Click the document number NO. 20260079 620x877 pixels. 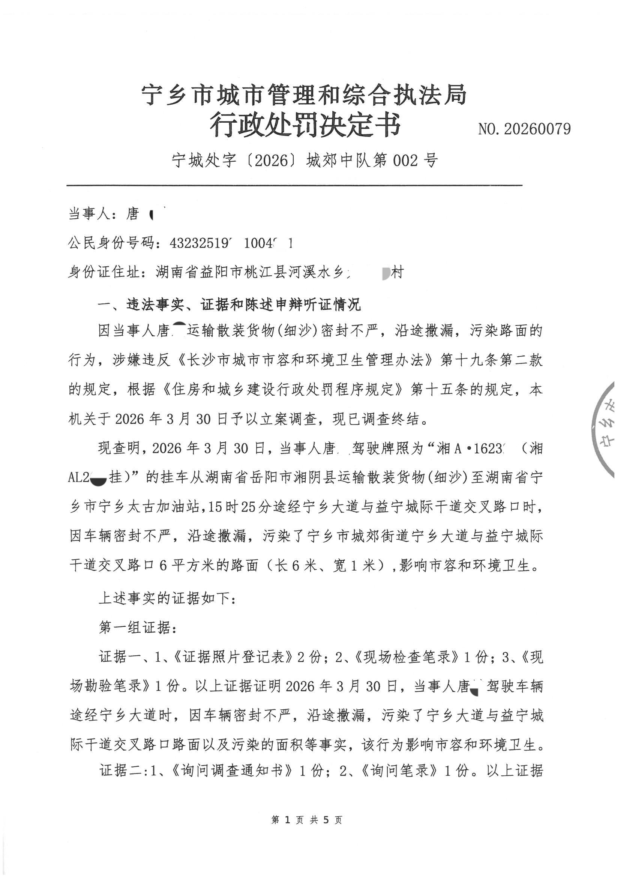[x=524, y=129]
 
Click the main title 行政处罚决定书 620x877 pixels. [x=305, y=125]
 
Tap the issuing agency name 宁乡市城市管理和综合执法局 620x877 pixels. [x=305, y=95]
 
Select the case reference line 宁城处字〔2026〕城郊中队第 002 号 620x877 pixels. [x=305, y=161]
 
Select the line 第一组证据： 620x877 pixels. [x=138, y=628]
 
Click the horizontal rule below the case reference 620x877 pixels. [x=294, y=186]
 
